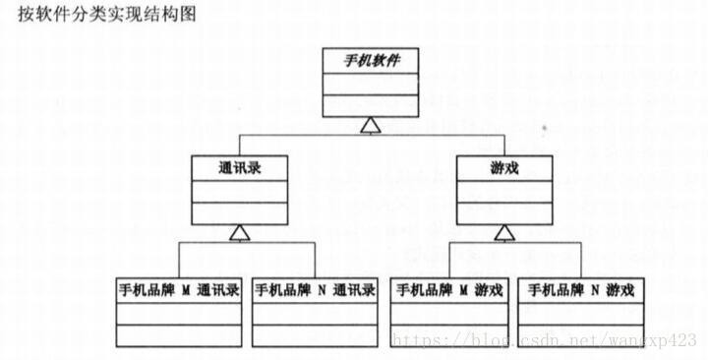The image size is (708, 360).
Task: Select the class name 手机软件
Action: tap(370, 61)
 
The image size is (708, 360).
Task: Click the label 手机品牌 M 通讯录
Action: tap(178, 290)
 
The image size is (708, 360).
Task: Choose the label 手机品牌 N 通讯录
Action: tap(314, 290)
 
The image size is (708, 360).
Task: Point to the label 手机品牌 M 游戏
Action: tap(447, 290)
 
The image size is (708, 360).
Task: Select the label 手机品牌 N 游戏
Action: tap(582, 290)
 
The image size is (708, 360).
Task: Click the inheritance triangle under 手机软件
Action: tap(370, 125)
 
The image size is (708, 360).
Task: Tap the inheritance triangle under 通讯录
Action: tap(239, 232)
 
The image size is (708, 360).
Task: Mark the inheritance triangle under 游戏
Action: tap(503, 232)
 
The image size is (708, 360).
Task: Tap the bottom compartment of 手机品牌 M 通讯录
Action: tap(178, 334)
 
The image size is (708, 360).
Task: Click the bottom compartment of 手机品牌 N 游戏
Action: tap(582, 334)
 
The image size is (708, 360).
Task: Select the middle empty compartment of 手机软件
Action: tap(370, 85)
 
